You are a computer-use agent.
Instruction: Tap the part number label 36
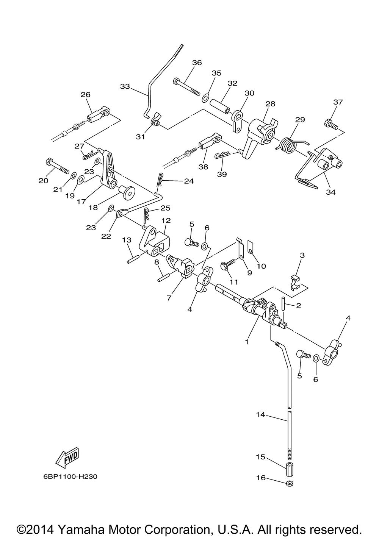click(x=197, y=62)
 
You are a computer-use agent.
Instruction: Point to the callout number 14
click(x=260, y=414)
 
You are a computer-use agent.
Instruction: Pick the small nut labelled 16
click(x=290, y=484)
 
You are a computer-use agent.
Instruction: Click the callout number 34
click(x=331, y=192)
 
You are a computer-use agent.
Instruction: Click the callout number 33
click(x=125, y=86)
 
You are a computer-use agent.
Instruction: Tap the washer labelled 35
click(x=205, y=98)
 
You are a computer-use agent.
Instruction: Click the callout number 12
click(x=166, y=220)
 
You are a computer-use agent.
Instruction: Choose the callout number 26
click(x=86, y=95)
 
